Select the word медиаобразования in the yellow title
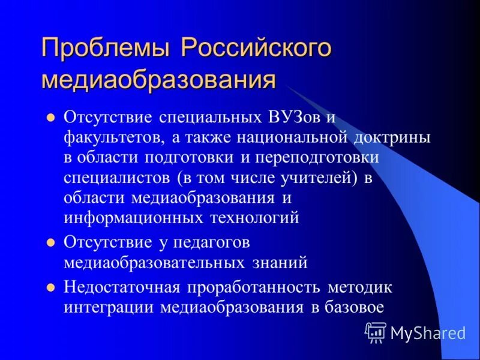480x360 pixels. pos(158,80)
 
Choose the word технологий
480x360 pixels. pos(254,218)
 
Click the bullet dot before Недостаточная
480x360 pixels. pos(51,287)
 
